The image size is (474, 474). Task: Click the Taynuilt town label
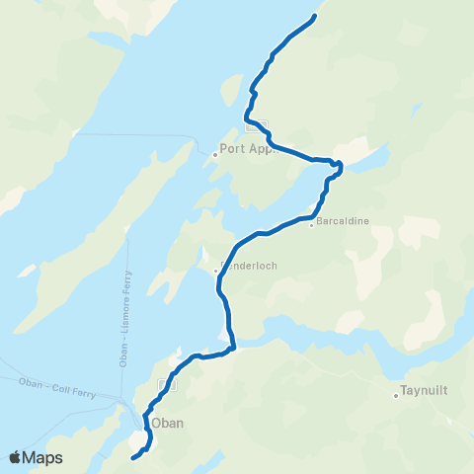tap(425, 389)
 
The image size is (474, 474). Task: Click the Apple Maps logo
tap(36, 458)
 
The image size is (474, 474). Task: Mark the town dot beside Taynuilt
tap(396, 396)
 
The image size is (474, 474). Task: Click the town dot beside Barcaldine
tap(311, 224)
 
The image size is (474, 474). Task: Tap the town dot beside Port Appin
tap(215, 154)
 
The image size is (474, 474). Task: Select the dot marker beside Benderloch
tap(215, 269)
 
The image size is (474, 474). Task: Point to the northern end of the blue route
tap(315, 16)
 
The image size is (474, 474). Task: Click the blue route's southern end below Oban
tap(133, 457)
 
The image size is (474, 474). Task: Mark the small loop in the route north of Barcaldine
tap(337, 166)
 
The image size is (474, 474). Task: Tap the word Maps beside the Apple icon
tap(42, 458)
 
